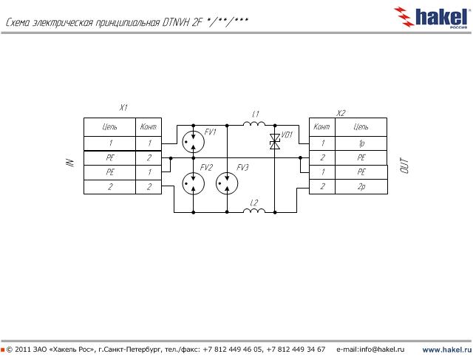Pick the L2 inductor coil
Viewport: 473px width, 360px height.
(255, 211)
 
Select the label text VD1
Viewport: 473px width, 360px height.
(287, 135)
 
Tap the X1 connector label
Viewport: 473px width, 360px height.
(123, 108)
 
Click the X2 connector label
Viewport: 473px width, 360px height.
(341, 113)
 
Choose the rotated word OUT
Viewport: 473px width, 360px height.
(404, 167)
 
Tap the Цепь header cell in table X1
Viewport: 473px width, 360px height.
(109, 128)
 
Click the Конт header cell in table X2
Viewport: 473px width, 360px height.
(322, 128)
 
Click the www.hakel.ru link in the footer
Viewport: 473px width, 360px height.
(446, 349)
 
